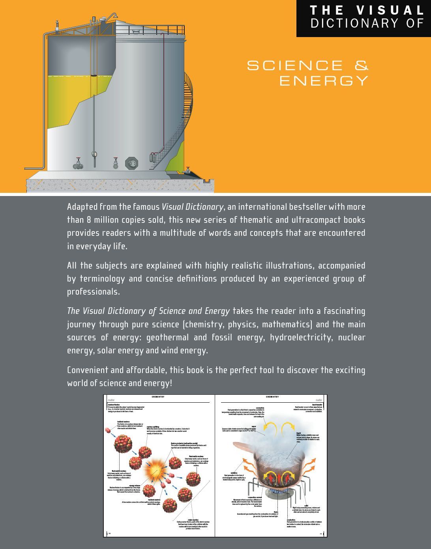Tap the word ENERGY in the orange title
[x=324, y=81]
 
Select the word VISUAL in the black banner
[x=390, y=10]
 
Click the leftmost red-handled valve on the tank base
[x=79, y=163]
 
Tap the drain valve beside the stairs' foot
[x=188, y=170]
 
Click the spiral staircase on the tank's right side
[x=184, y=118]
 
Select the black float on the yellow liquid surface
[x=94, y=75]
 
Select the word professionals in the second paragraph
[x=93, y=292]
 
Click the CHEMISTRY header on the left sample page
[x=158, y=397]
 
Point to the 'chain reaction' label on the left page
[x=193, y=520]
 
